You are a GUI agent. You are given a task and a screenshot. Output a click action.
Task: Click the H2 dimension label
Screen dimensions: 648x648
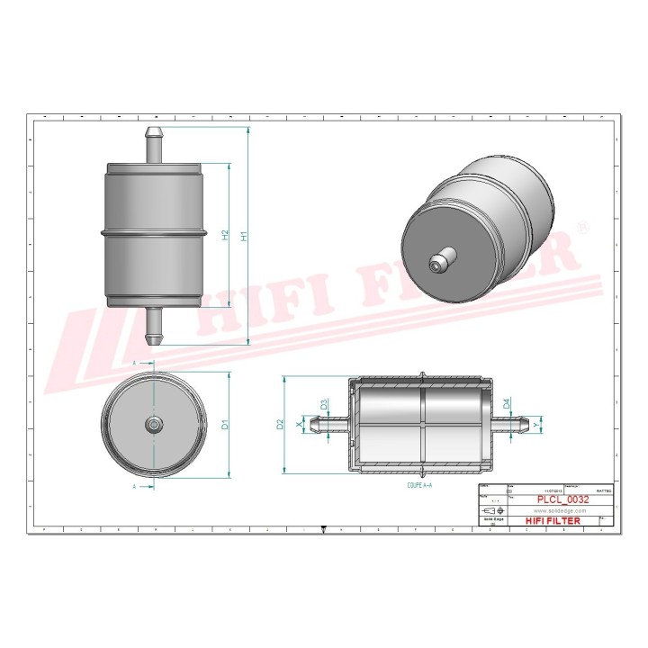[225, 235]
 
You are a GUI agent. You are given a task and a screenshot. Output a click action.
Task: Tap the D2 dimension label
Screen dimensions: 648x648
[281, 423]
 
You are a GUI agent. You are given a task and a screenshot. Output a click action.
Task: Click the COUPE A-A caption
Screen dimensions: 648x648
[413, 484]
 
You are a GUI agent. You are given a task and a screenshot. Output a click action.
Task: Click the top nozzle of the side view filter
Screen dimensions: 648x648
[153, 145]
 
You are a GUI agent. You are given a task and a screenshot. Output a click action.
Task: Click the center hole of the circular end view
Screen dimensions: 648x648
[153, 424]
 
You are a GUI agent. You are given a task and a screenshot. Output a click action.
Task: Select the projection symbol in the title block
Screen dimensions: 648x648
[493, 509]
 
